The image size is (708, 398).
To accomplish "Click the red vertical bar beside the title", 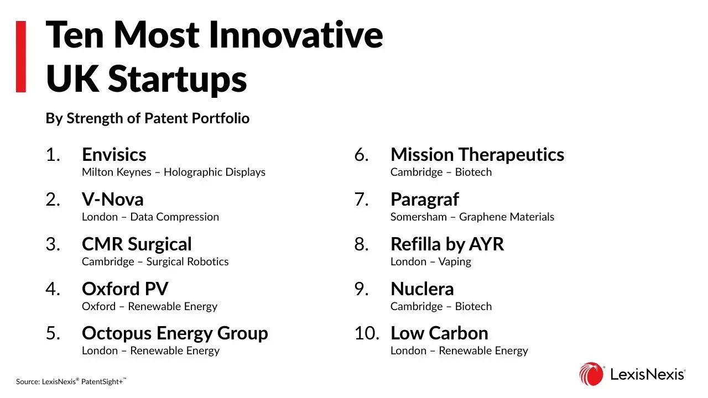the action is coord(21,56).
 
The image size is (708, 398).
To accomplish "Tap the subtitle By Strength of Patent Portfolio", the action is coord(148,119).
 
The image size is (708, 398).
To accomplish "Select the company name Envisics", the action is coord(114,154).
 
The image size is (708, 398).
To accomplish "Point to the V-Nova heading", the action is coord(112,200).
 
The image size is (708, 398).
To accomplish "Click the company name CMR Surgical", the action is coord(137,244).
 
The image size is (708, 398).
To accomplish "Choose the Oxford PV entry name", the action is coord(125,289).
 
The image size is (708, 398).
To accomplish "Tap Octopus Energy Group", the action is coord(175,333).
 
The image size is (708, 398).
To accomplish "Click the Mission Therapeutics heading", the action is coord(477,155).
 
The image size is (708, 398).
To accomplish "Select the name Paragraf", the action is coord(425,200).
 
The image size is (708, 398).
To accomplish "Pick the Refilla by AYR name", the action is coord(447,244).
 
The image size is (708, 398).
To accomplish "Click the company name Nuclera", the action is coord(422,289).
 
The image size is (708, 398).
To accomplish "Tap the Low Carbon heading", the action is coord(439,333).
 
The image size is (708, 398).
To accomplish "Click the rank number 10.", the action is coord(367,333).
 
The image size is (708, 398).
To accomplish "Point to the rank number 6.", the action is coord(361,155).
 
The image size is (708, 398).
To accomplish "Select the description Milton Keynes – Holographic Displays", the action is coord(174,172).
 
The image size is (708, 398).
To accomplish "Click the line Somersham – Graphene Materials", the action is coord(472,217).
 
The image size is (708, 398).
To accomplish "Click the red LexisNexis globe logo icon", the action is coord(591,374).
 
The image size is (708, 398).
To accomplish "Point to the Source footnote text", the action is coord(71,381).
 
